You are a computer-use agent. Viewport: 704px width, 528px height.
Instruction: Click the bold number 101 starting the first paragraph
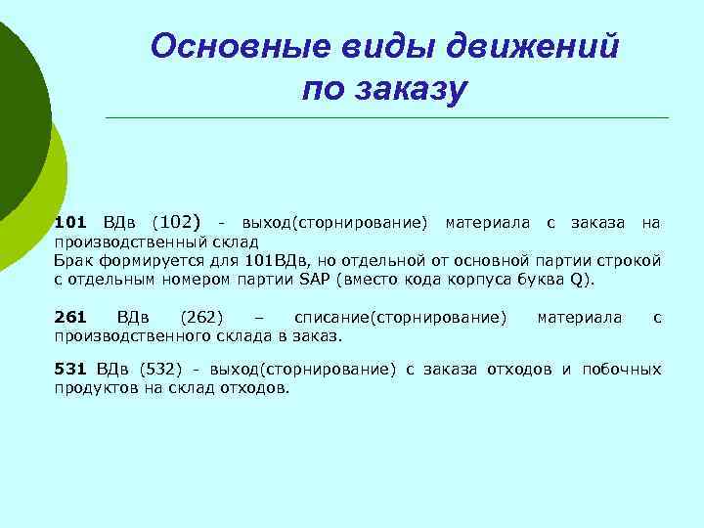point(70,224)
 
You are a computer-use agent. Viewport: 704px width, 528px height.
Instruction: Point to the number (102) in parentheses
point(177,223)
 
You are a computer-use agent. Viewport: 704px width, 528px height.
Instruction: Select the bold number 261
point(70,318)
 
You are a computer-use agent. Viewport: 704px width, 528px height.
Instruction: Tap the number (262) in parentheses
point(202,318)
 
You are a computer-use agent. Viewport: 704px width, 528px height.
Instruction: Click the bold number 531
point(70,369)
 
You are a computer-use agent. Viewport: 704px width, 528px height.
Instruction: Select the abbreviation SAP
point(315,279)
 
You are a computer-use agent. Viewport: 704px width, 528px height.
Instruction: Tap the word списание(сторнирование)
point(401,318)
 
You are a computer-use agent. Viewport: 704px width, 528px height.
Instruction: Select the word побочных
point(622,369)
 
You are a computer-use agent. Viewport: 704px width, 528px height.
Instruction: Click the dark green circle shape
point(15,108)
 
